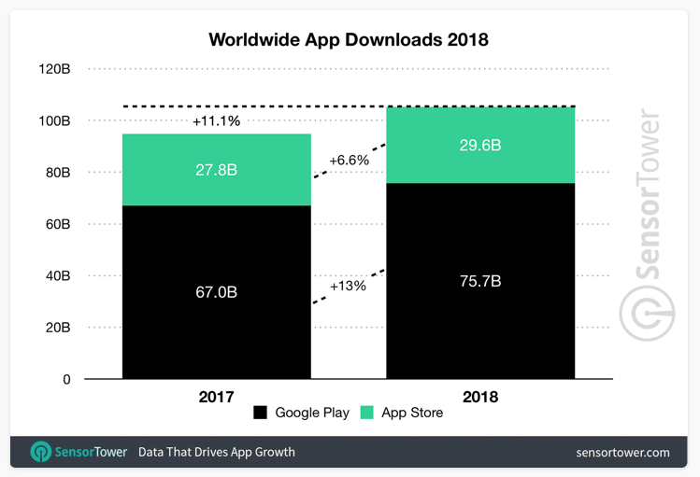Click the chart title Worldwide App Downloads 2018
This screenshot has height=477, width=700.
pos(349,40)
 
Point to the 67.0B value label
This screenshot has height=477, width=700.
pos(217,292)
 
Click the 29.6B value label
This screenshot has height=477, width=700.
pos(481,146)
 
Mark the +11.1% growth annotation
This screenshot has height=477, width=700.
pos(216,121)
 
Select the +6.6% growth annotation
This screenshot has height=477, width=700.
pos(349,160)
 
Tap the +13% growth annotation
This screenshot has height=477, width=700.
pos(348,286)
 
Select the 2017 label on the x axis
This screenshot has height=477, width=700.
pos(217,397)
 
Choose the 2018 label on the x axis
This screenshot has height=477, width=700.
pos(481,397)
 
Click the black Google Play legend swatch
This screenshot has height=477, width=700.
pos(260,413)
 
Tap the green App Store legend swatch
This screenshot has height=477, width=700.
pos(367,413)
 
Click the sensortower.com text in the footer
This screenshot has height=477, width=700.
pos(622,453)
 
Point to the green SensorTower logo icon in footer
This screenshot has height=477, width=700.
pos(41,453)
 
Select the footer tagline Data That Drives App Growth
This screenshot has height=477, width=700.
pos(217,453)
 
